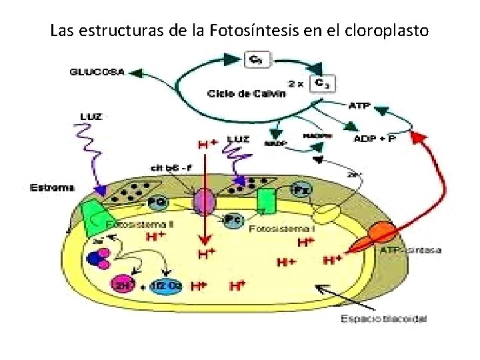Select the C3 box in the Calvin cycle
tap(325, 83)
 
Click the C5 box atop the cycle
tap(253, 59)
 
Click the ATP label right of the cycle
tap(359, 105)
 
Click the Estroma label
tap(51, 189)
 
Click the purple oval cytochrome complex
tap(205, 201)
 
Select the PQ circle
tap(159, 199)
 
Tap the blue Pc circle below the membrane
tap(233, 219)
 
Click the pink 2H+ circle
tap(123, 285)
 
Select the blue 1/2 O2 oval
tap(165, 285)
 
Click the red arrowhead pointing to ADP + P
tap(417, 138)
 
